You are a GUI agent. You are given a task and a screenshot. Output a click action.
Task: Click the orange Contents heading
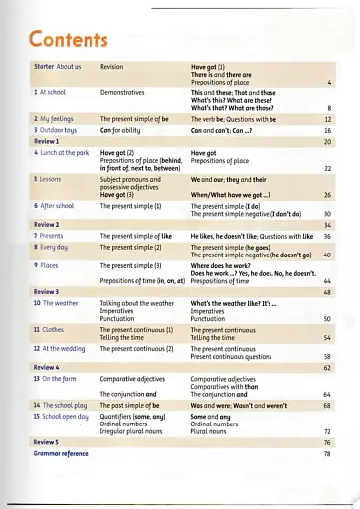point(69,39)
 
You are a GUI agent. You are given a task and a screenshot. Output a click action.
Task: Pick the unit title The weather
point(59,302)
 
